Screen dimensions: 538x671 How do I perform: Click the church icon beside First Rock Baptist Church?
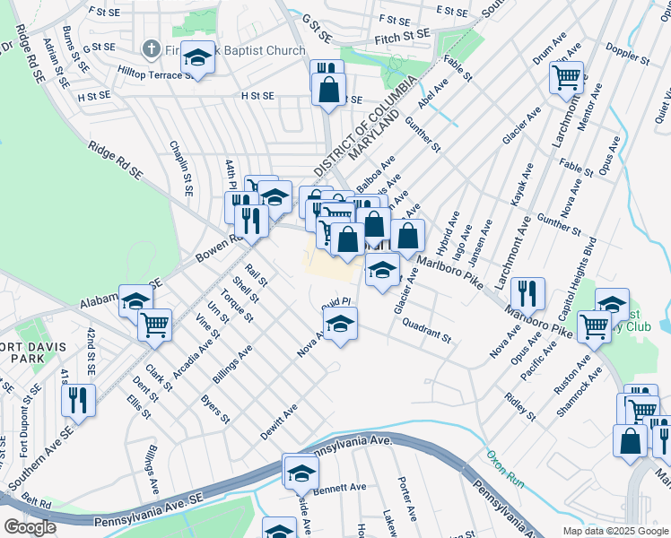151,49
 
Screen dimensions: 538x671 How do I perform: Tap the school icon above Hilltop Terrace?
197,58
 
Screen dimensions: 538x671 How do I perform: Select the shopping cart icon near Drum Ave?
567,77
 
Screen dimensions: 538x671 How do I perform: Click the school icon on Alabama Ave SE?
136,301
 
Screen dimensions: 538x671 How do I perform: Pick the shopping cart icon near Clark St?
155,324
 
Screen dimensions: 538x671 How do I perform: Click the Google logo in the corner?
30,527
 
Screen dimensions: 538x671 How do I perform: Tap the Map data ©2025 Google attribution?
614,531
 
